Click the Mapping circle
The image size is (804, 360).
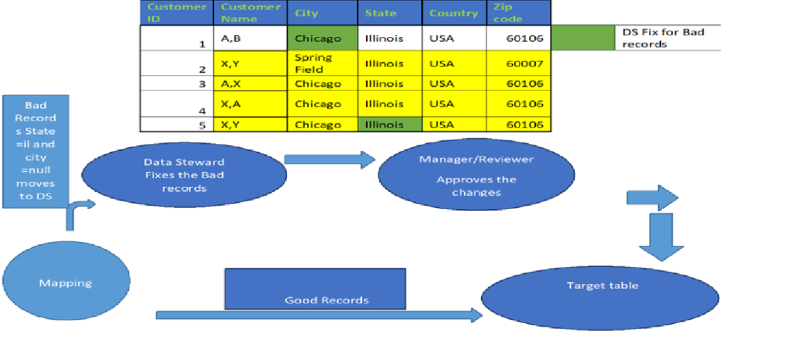click(x=66, y=283)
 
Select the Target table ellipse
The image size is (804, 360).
click(x=600, y=295)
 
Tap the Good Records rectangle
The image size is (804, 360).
click(x=315, y=289)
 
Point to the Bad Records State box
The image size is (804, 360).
click(x=35, y=151)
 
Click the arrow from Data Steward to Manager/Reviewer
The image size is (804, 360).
click(x=329, y=160)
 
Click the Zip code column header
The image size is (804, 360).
click(x=518, y=13)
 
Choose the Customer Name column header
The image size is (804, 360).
click(x=250, y=13)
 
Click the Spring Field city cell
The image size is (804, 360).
click(x=322, y=63)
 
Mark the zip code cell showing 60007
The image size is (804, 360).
click(x=518, y=63)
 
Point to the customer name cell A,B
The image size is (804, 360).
click(x=250, y=38)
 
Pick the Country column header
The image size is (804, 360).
click(x=454, y=13)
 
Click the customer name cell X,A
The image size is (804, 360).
click(x=250, y=104)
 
